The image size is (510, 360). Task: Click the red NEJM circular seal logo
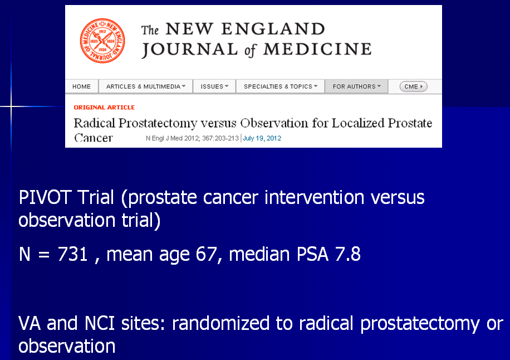[x=102, y=41]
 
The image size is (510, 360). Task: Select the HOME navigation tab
[x=82, y=86]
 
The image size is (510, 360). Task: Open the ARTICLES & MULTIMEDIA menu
[x=146, y=86]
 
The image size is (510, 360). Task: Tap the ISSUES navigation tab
[x=214, y=86]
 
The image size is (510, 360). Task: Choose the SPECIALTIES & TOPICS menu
[x=281, y=86]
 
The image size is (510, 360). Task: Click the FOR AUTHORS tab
[x=356, y=86]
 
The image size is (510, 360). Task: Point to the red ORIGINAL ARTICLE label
[x=104, y=108]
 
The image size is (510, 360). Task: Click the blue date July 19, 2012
[x=262, y=138]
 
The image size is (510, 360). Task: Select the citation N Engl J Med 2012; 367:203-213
[x=192, y=138]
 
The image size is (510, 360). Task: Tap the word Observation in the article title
[x=274, y=123]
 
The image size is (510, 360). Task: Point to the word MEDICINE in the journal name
[x=317, y=50]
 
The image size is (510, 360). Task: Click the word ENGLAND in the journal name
[x=273, y=29]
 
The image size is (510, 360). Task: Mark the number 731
[x=72, y=254]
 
